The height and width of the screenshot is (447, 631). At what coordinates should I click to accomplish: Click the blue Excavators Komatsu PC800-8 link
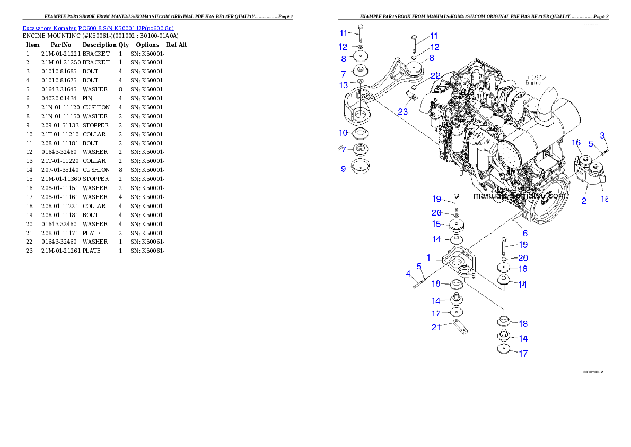pyautogui.click(x=98, y=28)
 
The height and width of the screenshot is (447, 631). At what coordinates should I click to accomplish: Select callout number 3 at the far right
pyautogui.click(x=408, y=274)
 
